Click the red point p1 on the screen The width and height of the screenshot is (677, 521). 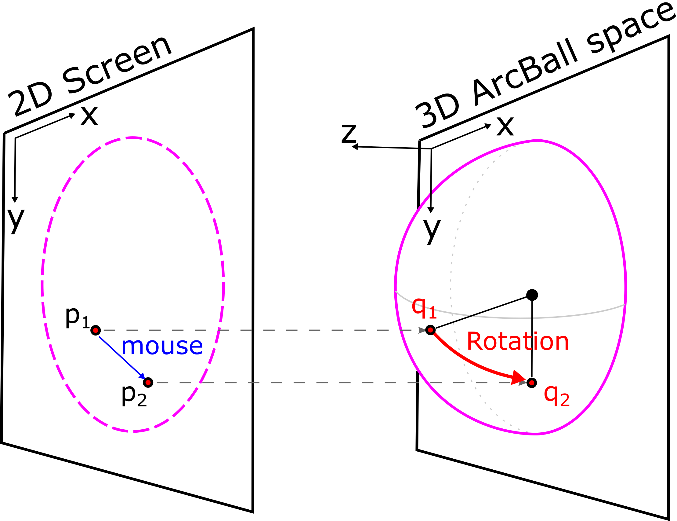[x=96, y=330]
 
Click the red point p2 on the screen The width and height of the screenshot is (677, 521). [x=148, y=382]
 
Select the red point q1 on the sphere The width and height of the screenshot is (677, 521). [x=430, y=330]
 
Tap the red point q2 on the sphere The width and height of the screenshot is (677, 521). [x=532, y=383]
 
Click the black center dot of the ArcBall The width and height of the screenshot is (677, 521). [x=532, y=295]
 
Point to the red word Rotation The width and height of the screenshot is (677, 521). [x=518, y=341]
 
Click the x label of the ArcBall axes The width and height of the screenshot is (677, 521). [x=505, y=126]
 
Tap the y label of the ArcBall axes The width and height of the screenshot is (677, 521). [x=432, y=232]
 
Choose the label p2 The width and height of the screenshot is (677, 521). [x=134, y=397]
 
